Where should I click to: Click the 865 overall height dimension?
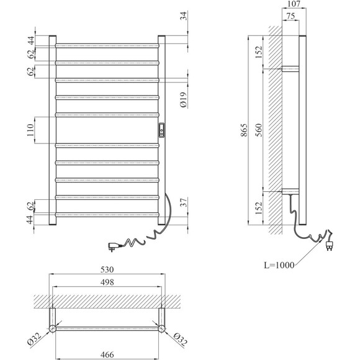tap(245, 130)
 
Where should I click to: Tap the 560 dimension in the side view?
tap(259, 130)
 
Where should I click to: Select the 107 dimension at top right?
tap(294, 4)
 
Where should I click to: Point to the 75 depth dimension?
tap(290, 16)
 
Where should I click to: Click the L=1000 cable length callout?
tap(279, 265)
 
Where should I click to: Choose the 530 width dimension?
tap(107, 269)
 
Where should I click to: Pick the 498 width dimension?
tap(107, 282)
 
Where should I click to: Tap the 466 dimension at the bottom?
tap(107, 354)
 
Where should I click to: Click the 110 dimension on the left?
tap(30, 130)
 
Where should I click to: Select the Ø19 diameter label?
tap(184, 100)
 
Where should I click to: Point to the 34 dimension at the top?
tap(184, 16)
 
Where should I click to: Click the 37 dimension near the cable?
tap(184, 202)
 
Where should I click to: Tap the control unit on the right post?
tap(161, 130)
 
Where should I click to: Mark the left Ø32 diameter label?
tap(34, 339)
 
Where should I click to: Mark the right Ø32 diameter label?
tap(180, 340)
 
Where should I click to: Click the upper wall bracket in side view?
tap(290, 69)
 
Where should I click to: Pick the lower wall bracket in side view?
tap(290, 191)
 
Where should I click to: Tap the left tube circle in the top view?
tap(53, 329)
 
